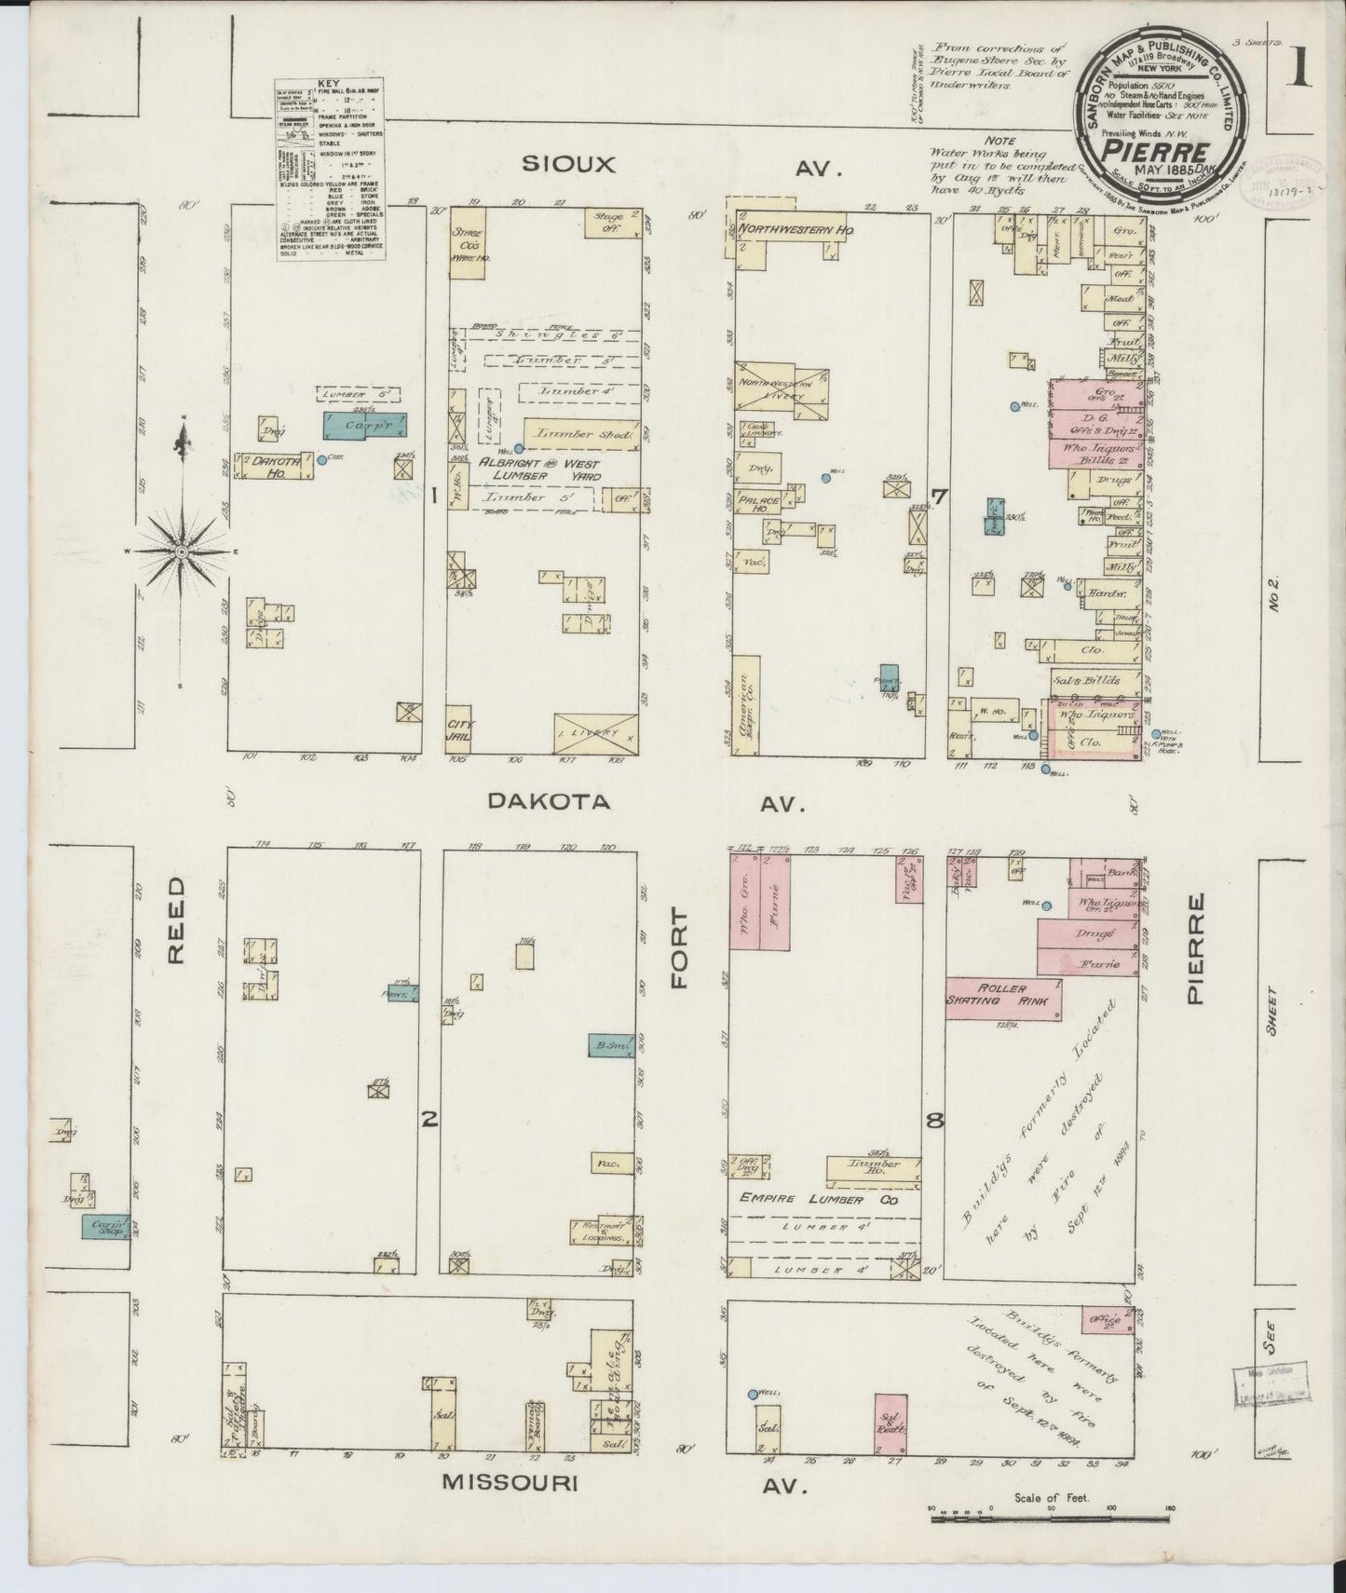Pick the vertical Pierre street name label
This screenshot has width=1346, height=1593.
[1197, 948]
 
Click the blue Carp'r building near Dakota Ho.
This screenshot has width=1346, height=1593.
[365, 425]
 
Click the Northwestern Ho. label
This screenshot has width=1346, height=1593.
[802, 228]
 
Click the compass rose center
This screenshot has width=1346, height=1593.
[182, 552]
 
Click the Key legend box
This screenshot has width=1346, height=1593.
[330, 170]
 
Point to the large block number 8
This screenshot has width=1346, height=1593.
[934, 1122]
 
